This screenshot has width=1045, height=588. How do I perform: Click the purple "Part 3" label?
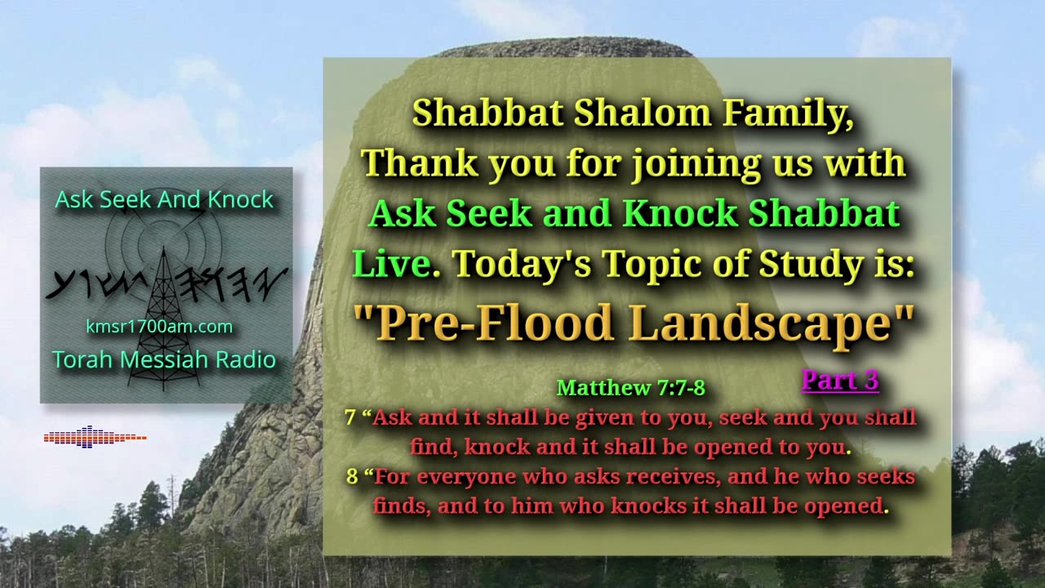point(840,381)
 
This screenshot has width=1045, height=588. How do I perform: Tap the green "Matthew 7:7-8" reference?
point(631,388)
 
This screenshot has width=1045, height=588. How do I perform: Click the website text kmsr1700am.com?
point(159,327)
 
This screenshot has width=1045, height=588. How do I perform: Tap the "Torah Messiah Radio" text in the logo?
point(164,360)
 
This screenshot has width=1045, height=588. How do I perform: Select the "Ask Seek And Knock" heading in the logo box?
point(164,199)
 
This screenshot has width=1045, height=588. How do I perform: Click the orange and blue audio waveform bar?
point(96,437)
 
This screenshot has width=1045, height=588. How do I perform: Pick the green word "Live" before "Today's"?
point(391,264)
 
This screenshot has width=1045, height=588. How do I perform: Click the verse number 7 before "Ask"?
point(350,417)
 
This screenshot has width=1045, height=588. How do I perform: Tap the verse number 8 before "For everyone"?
point(352,477)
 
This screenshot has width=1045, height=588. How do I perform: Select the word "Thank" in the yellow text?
point(420,163)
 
